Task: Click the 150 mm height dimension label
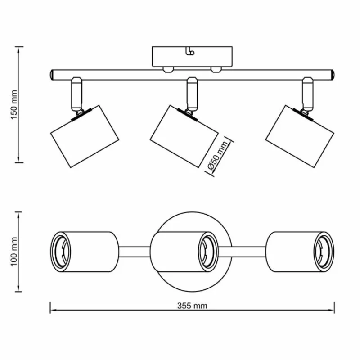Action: point(14,104)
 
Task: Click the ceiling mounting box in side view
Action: point(192,56)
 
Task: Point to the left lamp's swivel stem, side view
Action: point(76,95)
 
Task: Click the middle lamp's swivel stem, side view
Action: point(192,94)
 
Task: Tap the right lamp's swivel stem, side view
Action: point(308,94)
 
